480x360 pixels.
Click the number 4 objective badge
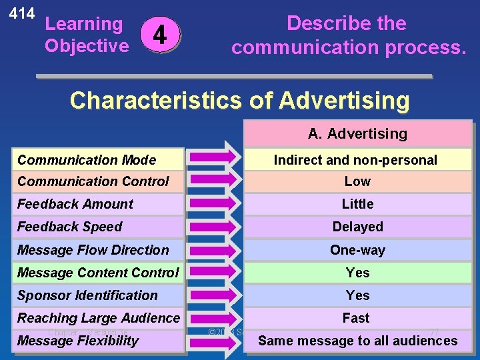click(x=163, y=34)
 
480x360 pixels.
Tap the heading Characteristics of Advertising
click(x=239, y=100)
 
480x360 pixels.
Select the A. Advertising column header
click(x=357, y=134)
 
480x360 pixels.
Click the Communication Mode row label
click(x=87, y=160)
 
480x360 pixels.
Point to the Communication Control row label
click(x=93, y=181)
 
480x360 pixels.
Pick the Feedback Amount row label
click(x=75, y=204)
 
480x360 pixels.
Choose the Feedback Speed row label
click(x=70, y=227)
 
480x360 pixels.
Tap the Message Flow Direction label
click(x=93, y=250)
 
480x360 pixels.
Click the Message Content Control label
click(x=98, y=273)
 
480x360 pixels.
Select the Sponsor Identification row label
click(x=87, y=295)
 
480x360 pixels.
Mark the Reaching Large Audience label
click(x=99, y=318)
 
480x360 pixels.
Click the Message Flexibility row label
click(x=78, y=341)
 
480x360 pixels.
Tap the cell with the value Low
click(x=357, y=181)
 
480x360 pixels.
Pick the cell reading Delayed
click(x=357, y=227)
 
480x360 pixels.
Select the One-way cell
click(x=357, y=250)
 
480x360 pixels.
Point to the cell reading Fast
click(x=356, y=318)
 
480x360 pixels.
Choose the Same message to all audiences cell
click(x=357, y=341)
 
